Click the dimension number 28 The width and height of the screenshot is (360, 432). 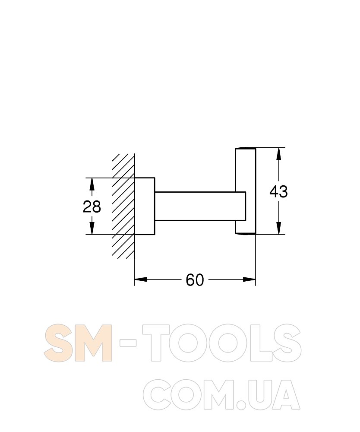(x=92, y=206)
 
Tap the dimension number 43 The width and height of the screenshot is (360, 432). (x=278, y=191)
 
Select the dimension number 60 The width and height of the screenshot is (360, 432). (x=195, y=280)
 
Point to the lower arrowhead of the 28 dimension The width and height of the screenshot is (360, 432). (x=92, y=229)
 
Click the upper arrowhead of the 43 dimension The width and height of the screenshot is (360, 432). (x=278, y=154)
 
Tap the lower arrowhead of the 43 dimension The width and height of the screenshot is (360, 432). (x=278, y=228)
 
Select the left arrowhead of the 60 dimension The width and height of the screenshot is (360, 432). (x=140, y=280)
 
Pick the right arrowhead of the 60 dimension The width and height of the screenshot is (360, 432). (x=249, y=280)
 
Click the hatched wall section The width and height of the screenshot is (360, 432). (x=123, y=206)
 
